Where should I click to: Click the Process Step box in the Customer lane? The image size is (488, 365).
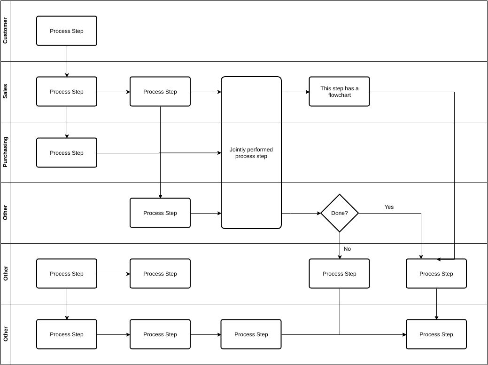(67, 31)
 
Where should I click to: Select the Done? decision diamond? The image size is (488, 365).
(340, 213)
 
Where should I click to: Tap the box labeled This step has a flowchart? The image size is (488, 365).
(339, 92)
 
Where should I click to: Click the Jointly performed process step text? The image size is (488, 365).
(251, 153)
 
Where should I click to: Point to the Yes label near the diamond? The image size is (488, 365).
(389, 207)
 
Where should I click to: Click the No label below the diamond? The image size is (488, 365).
(347, 249)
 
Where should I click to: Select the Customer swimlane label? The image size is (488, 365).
(5, 31)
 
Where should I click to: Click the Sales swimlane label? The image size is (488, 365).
(5, 92)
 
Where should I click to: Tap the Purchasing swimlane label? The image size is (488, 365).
(5, 152)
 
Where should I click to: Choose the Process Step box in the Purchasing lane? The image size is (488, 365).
(67, 153)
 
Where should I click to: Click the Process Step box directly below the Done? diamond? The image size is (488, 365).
(339, 274)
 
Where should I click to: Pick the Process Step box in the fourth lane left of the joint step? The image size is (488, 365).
(160, 213)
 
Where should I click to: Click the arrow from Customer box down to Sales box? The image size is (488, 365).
(67, 61)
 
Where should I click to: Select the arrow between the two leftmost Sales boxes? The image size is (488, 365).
(113, 92)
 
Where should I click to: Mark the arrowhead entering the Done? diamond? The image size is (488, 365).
(318, 213)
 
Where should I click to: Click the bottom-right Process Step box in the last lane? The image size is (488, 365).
(436, 334)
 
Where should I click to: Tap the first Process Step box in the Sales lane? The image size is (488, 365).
(67, 92)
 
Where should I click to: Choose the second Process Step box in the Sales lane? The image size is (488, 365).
(160, 92)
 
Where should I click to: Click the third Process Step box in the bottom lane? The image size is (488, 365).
(251, 334)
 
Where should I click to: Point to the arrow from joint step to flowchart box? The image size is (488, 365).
(295, 92)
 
